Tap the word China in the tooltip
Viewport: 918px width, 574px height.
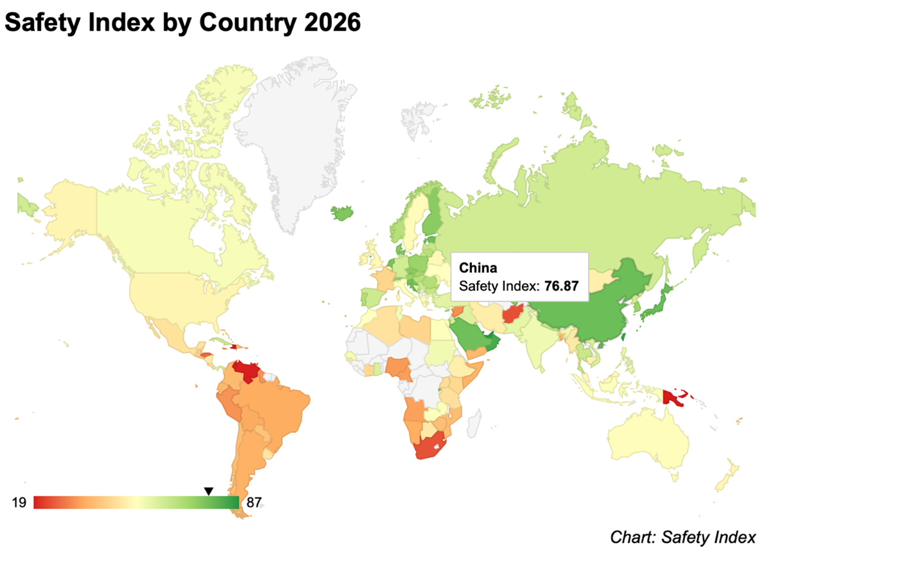[x=478, y=268]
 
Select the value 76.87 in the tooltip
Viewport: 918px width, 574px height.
[x=561, y=286]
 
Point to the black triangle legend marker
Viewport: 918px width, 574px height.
[x=209, y=491]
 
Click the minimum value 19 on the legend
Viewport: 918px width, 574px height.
[x=19, y=503]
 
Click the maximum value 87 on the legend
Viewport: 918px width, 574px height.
[x=254, y=503]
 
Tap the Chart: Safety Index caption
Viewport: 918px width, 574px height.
[x=682, y=537]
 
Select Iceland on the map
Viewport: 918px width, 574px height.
[x=342, y=212]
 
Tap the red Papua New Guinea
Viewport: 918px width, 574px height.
[x=671, y=397]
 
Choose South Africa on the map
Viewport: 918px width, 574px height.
[x=429, y=448]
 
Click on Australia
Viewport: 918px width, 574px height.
[x=648, y=437]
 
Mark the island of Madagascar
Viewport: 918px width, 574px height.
[x=474, y=424]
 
